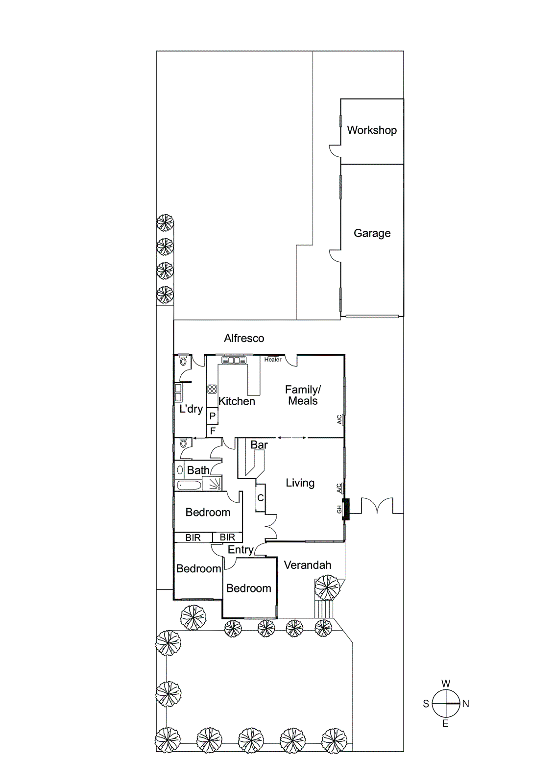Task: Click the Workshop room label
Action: click(372, 130)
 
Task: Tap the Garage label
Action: click(372, 233)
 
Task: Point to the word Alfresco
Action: click(244, 338)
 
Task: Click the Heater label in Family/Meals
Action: click(273, 360)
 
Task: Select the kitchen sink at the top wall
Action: click(234, 360)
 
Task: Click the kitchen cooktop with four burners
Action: click(212, 390)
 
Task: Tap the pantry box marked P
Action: click(212, 416)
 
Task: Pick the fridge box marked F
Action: click(212, 431)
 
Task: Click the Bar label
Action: click(259, 445)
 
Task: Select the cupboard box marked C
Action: click(261, 498)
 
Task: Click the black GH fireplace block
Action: click(346, 509)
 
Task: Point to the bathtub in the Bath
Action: click(189, 486)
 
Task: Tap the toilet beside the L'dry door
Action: click(183, 362)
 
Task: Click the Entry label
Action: click(240, 550)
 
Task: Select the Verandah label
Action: click(308, 565)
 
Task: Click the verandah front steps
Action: click(323, 609)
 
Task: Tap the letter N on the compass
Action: click(465, 704)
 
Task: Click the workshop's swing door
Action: click(335, 151)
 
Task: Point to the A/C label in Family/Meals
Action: click(339, 419)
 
